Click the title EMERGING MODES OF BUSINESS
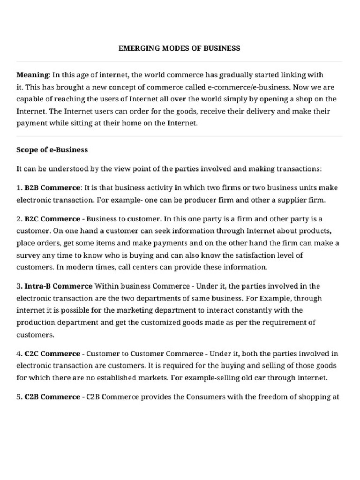pos(180,48)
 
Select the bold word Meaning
pos(32,75)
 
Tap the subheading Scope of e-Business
pos(52,150)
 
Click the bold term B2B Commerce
pos(52,187)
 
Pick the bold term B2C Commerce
pos(52,219)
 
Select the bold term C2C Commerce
pos(52,353)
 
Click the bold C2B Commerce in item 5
pos(52,397)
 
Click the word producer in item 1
pos(204,200)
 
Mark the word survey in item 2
pos(28,255)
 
